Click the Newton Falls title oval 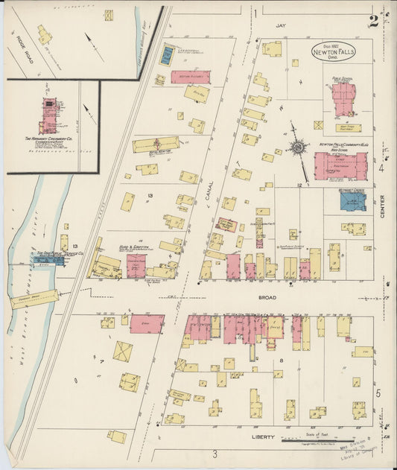(x=334, y=52)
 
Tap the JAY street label (x=281, y=25)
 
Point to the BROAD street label (x=267, y=298)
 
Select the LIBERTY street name (x=263, y=437)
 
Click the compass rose (x=298, y=147)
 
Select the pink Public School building (x=343, y=97)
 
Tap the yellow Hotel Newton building (x=156, y=144)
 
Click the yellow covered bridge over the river (x=34, y=299)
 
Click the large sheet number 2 (x=372, y=20)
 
